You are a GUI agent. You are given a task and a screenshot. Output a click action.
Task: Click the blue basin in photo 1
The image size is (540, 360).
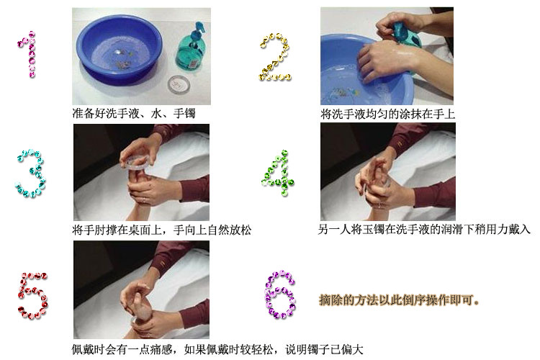point(119,49)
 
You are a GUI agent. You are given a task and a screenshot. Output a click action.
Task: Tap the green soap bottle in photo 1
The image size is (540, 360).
point(191,48)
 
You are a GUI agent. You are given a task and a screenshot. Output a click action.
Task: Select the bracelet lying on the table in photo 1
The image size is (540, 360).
point(179,84)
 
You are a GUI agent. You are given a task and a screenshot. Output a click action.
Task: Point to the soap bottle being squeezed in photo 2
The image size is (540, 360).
point(406,35)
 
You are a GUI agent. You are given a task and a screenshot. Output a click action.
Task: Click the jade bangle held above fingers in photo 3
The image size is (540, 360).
point(135,163)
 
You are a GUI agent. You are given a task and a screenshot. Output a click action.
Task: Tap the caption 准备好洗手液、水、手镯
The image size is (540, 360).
point(134,113)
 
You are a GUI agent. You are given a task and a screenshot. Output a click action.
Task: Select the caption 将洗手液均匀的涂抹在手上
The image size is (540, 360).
point(388,114)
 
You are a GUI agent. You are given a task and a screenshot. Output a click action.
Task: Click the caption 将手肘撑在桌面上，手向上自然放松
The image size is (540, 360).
point(162,230)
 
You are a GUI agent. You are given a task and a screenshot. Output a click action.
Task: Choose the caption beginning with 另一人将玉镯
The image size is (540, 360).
point(424,229)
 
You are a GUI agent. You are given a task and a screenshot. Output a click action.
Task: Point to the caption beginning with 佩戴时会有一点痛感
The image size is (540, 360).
point(217,350)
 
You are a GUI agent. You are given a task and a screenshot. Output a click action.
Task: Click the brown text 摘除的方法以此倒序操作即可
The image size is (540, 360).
point(399,300)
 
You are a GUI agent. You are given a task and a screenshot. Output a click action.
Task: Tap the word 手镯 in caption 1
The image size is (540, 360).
point(184,113)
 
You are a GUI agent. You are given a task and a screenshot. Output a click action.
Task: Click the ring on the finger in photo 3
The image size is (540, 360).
point(144,200)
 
